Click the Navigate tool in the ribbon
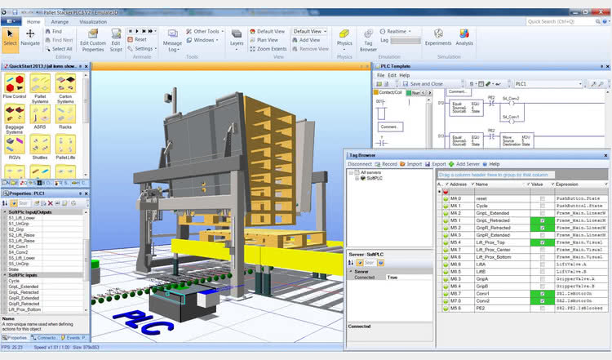[31, 38]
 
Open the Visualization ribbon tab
[93, 22]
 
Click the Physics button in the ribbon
[344, 38]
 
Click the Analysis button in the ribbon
[464, 38]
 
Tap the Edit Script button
[116, 38]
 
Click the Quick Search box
[559, 22]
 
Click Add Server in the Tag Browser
[468, 164]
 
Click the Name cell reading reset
[481, 198]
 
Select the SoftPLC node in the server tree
[375, 179]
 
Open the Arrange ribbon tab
[60, 22]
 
